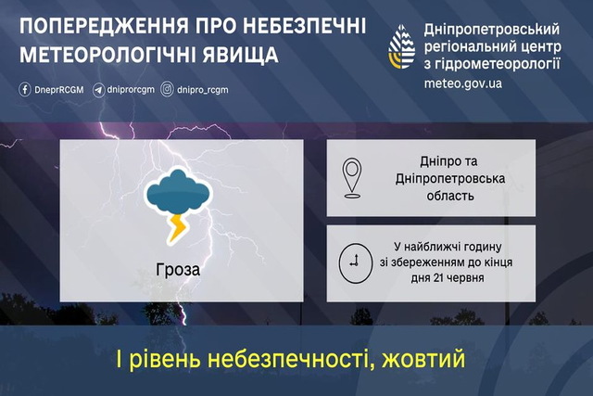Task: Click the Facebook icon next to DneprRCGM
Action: pyautogui.click(x=25, y=90)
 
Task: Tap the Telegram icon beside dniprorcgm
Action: pyautogui.click(x=99, y=90)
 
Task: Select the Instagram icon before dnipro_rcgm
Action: pyautogui.click(x=167, y=90)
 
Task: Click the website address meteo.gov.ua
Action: pyautogui.click(x=463, y=83)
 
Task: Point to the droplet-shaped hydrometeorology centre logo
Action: pyautogui.click(x=401, y=47)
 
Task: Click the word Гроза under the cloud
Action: pyautogui.click(x=178, y=270)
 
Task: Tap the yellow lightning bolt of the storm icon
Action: pyautogui.click(x=177, y=227)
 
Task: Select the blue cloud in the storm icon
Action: pyautogui.click(x=178, y=191)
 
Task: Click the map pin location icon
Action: pyautogui.click(x=352, y=177)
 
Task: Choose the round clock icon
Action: pyautogui.click(x=355, y=263)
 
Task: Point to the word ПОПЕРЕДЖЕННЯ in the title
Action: pyautogui.click(x=105, y=26)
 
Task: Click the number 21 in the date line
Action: pyautogui.click(x=440, y=278)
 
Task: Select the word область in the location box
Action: pyautogui.click(x=450, y=196)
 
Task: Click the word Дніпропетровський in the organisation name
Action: pyautogui.click(x=492, y=30)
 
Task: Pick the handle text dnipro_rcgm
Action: pyautogui.click(x=203, y=90)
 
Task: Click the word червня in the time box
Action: pyautogui.click(x=466, y=278)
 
